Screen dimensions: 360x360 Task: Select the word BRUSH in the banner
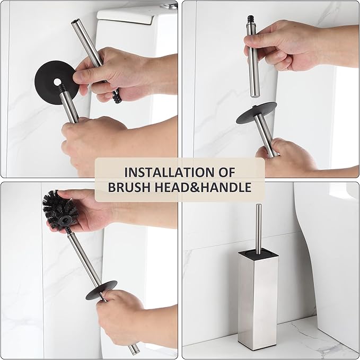coord(134,187)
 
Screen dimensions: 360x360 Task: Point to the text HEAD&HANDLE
coord(207,187)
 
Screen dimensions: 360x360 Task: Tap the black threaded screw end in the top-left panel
coord(115,96)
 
